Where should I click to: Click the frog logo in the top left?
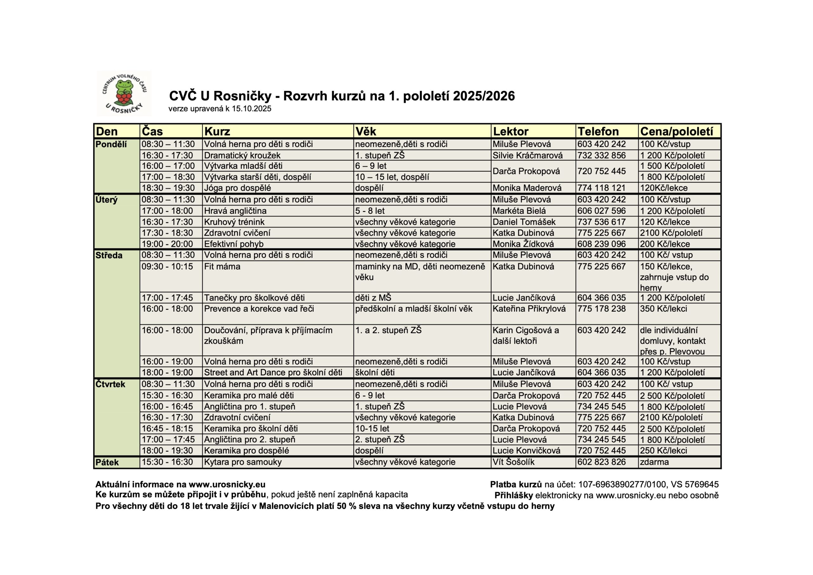(x=124, y=93)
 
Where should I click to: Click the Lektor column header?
(x=511, y=132)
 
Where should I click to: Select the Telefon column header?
(x=598, y=132)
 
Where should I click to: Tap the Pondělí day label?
(x=111, y=144)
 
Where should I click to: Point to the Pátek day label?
(x=107, y=462)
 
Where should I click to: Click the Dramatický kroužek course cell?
(x=242, y=155)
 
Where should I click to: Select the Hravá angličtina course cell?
(x=235, y=211)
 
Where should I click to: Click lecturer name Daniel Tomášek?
(x=524, y=222)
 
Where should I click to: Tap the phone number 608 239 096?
(x=601, y=244)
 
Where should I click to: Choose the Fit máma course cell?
(x=222, y=267)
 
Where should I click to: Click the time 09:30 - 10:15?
(x=167, y=267)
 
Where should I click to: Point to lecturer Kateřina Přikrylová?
(x=529, y=308)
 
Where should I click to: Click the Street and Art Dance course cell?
(x=273, y=372)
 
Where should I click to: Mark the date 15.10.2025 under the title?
(x=252, y=108)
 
